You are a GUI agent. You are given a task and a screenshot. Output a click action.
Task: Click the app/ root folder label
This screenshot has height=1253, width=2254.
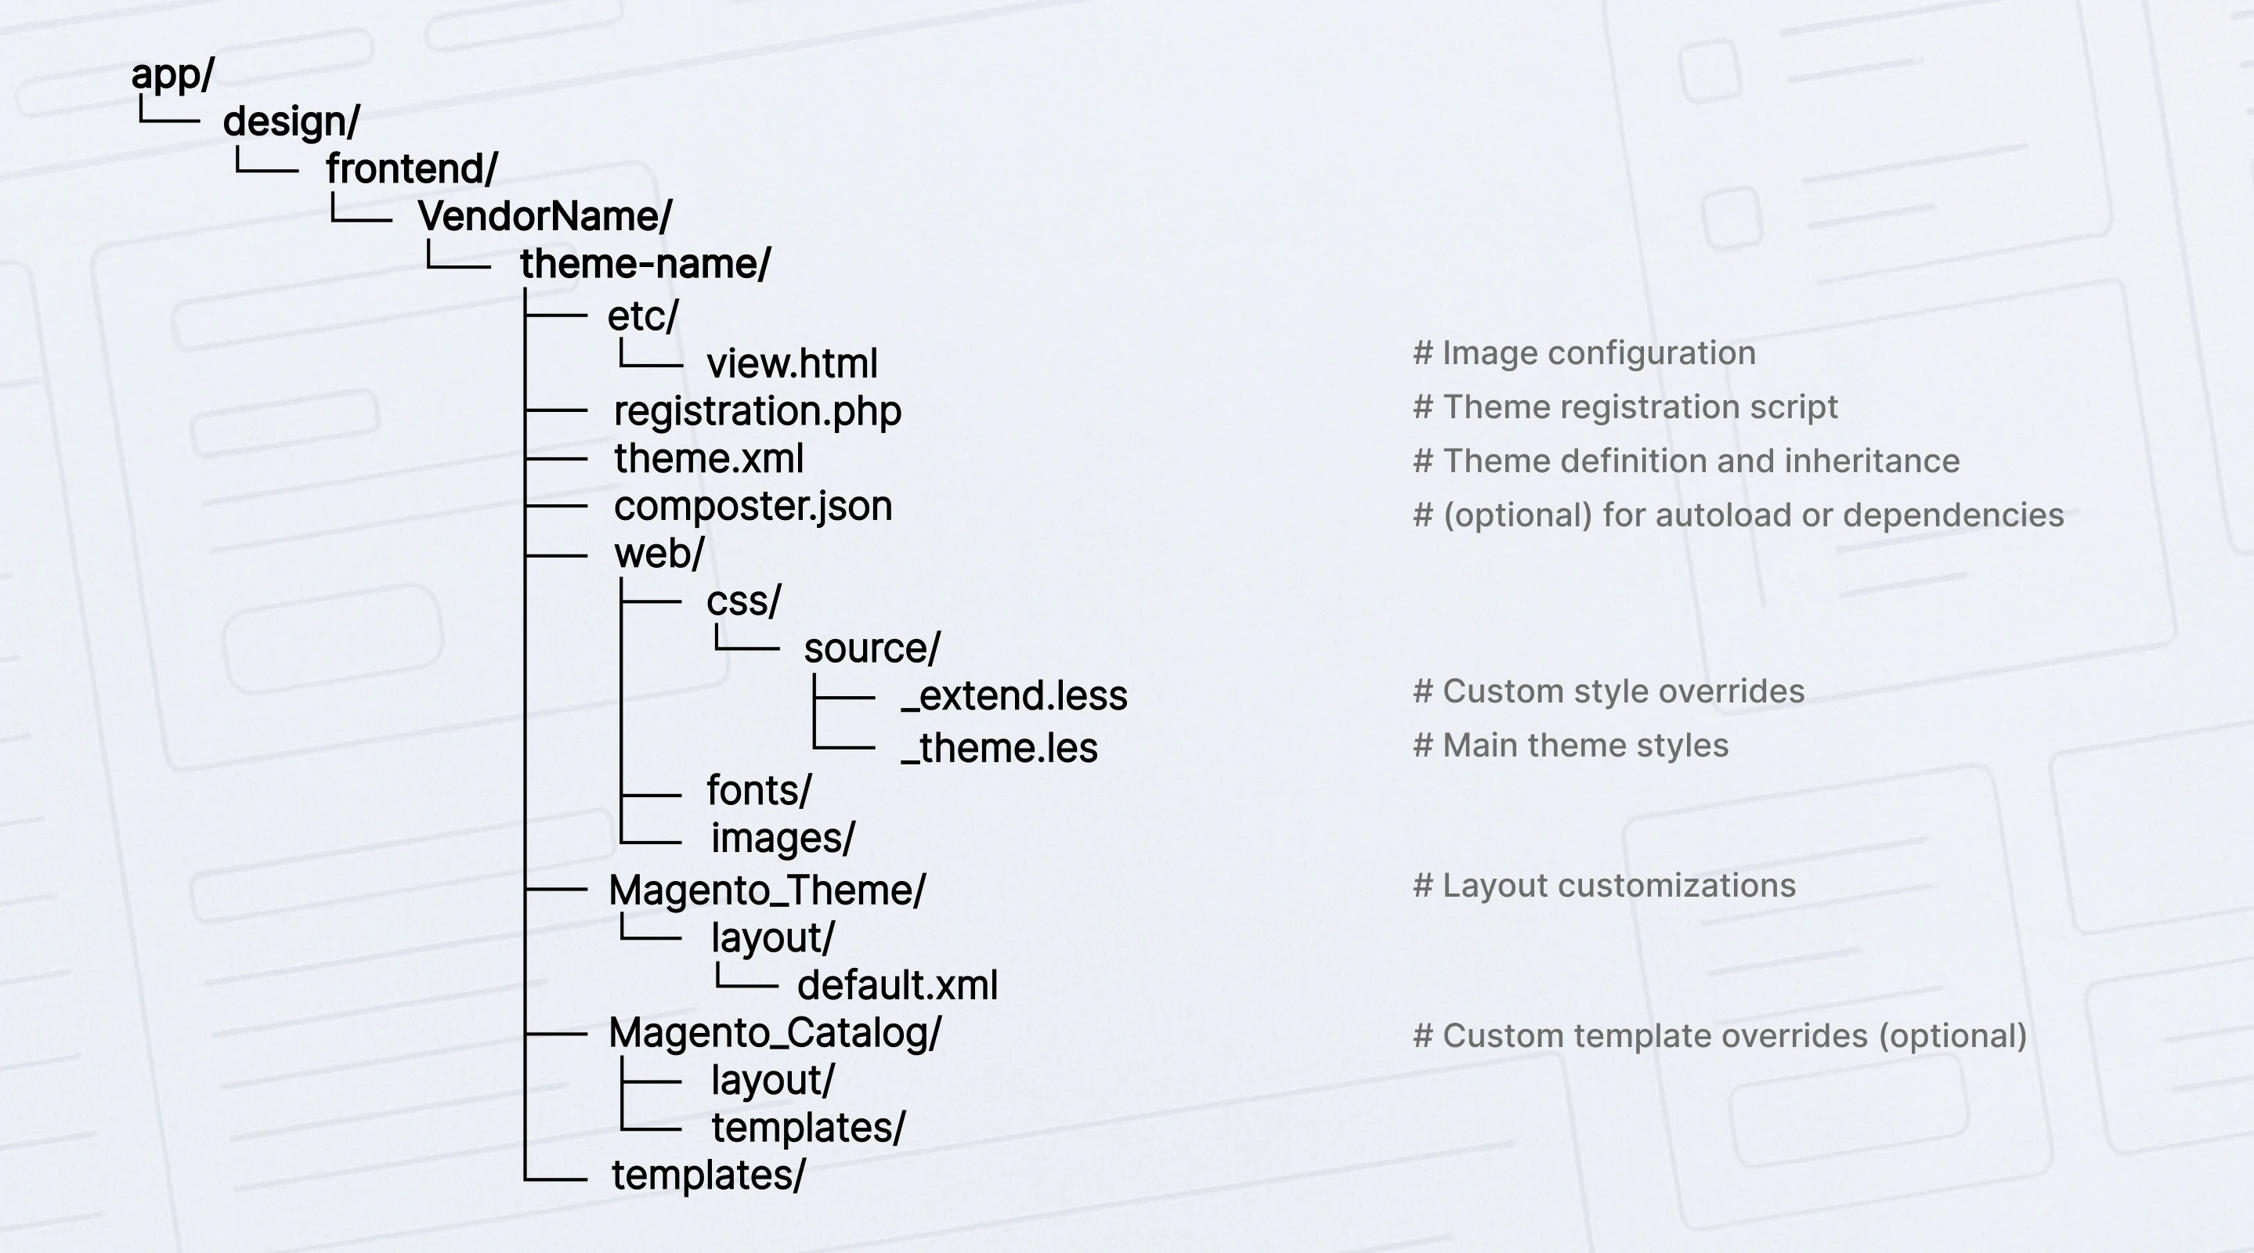coord(172,75)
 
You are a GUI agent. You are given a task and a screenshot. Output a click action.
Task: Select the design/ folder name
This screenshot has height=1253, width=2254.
coord(291,121)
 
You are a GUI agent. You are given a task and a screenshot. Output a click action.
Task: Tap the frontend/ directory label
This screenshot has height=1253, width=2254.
coord(412,169)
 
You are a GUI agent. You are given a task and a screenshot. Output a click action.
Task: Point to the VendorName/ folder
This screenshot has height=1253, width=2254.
coord(544,216)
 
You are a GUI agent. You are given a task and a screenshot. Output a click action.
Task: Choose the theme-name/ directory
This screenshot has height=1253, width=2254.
coord(645,264)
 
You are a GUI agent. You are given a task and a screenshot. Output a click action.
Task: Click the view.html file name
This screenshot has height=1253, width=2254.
coord(792,364)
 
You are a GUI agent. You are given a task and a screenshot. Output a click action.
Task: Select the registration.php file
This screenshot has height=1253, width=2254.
coord(757,411)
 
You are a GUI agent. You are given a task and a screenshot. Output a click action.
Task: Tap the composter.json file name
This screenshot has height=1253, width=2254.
coord(753,507)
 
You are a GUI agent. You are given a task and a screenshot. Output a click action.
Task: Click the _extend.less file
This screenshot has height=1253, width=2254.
coord(1014,696)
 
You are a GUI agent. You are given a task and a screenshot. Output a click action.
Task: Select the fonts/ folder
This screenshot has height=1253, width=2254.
coord(759,791)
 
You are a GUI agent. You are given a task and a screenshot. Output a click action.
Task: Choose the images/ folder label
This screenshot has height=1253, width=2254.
coord(782,838)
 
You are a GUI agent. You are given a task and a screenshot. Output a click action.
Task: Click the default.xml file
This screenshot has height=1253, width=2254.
coord(897,986)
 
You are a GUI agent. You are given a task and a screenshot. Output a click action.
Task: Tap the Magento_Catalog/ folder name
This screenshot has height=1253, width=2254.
coord(775,1034)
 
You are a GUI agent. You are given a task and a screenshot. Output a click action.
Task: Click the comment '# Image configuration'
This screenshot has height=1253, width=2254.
coord(1584,353)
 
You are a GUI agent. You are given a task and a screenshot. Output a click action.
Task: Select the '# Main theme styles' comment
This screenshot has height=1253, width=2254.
coord(1570,746)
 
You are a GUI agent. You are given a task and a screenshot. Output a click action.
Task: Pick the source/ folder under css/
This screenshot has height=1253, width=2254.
coord(872,649)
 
